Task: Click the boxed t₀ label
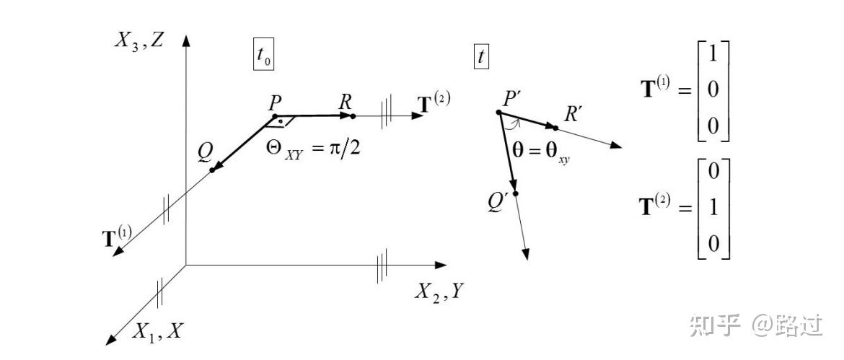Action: coord(264,56)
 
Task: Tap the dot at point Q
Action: coord(212,170)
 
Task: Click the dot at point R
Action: coord(353,115)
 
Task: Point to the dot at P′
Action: coord(498,113)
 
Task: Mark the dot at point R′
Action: coord(555,128)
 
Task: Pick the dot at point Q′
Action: coord(515,193)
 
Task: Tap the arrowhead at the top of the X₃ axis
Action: coord(187,41)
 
